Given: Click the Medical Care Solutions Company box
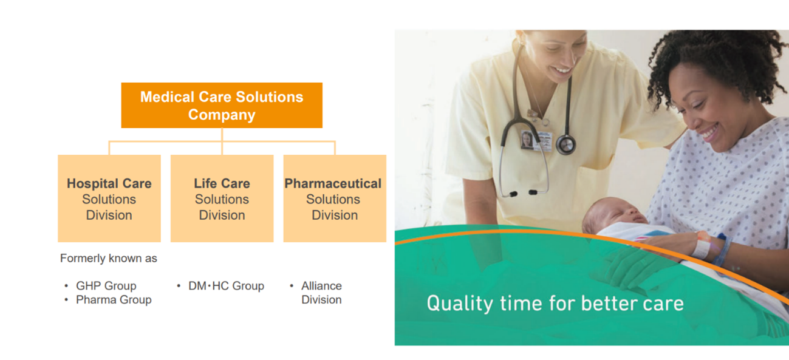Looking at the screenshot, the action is [x=222, y=105].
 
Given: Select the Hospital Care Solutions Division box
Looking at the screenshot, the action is [x=109, y=199].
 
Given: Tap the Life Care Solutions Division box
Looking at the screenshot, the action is [x=222, y=199].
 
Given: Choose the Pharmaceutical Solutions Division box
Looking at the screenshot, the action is [x=335, y=199].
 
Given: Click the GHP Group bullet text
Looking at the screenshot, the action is [x=106, y=286].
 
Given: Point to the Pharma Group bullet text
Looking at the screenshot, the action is [x=114, y=300].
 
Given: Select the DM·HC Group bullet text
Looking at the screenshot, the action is [x=226, y=286].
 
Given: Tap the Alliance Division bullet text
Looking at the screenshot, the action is [x=321, y=293].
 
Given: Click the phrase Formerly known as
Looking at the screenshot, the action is [x=109, y=258].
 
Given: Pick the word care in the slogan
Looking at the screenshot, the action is [x=663, y=304].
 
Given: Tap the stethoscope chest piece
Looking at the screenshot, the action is [x=565, y=144].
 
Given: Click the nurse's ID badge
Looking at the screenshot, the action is [x=537, y=141].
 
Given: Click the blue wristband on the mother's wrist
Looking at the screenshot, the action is [x=722, y=250].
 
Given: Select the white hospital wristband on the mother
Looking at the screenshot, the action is [x=702, y=246].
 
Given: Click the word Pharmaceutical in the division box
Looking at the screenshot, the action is [x=333, y=184].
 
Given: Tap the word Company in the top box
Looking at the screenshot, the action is [x=222, y=115].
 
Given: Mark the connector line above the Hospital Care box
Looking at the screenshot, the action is [x=109, y=148].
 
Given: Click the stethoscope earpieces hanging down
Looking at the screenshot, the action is [x=523, y=193].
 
